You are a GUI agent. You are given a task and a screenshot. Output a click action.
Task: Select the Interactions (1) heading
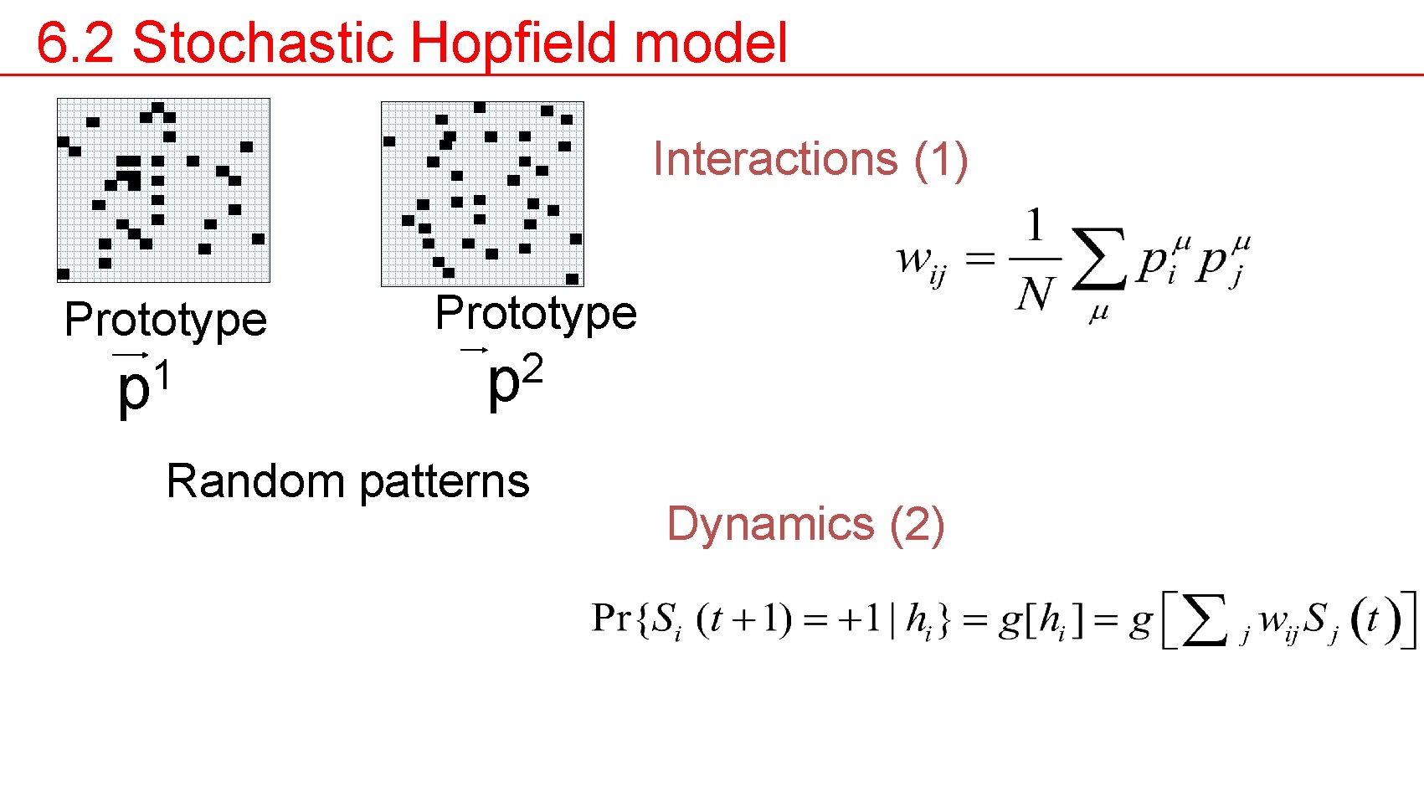click(810, 159)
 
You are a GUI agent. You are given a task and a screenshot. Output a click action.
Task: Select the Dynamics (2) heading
click(805, 525)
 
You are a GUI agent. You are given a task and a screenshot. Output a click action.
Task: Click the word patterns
click(445, 481)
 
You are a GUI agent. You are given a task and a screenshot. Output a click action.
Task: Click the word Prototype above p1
click(165, 321)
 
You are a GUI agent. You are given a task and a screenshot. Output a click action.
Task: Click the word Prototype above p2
click(536, 314)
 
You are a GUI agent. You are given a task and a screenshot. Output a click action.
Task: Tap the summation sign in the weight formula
click(1098, 259)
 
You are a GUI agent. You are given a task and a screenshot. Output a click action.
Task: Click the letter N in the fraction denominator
click(1035, 294)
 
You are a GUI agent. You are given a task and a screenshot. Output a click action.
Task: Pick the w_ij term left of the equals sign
click(921, 261)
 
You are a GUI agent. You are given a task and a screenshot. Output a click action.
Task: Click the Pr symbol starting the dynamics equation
click(610, 619)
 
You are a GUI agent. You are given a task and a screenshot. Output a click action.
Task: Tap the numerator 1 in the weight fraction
click(1036, 224)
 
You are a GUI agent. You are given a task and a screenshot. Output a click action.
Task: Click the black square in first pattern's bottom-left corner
click(64, 274)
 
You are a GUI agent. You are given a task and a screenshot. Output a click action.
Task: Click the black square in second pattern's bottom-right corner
click(572, 279)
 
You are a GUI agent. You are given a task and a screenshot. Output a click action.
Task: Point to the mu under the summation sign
click(1098, 313)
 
